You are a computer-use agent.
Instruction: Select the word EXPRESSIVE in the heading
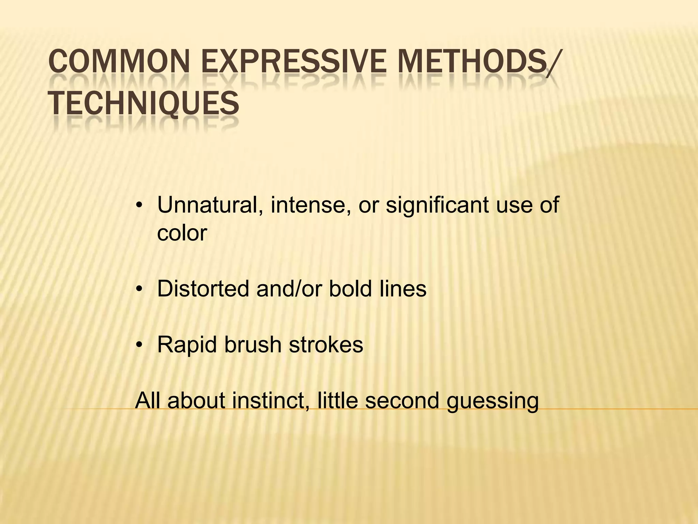point(293,62)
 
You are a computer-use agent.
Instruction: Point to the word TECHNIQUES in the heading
point(143,103)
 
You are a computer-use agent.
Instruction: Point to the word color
point(182,233)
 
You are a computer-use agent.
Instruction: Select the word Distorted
point(203,289)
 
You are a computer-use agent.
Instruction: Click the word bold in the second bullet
point(350,289)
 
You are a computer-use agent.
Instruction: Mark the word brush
point(253,345)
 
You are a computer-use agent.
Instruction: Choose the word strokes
point(326,345)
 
